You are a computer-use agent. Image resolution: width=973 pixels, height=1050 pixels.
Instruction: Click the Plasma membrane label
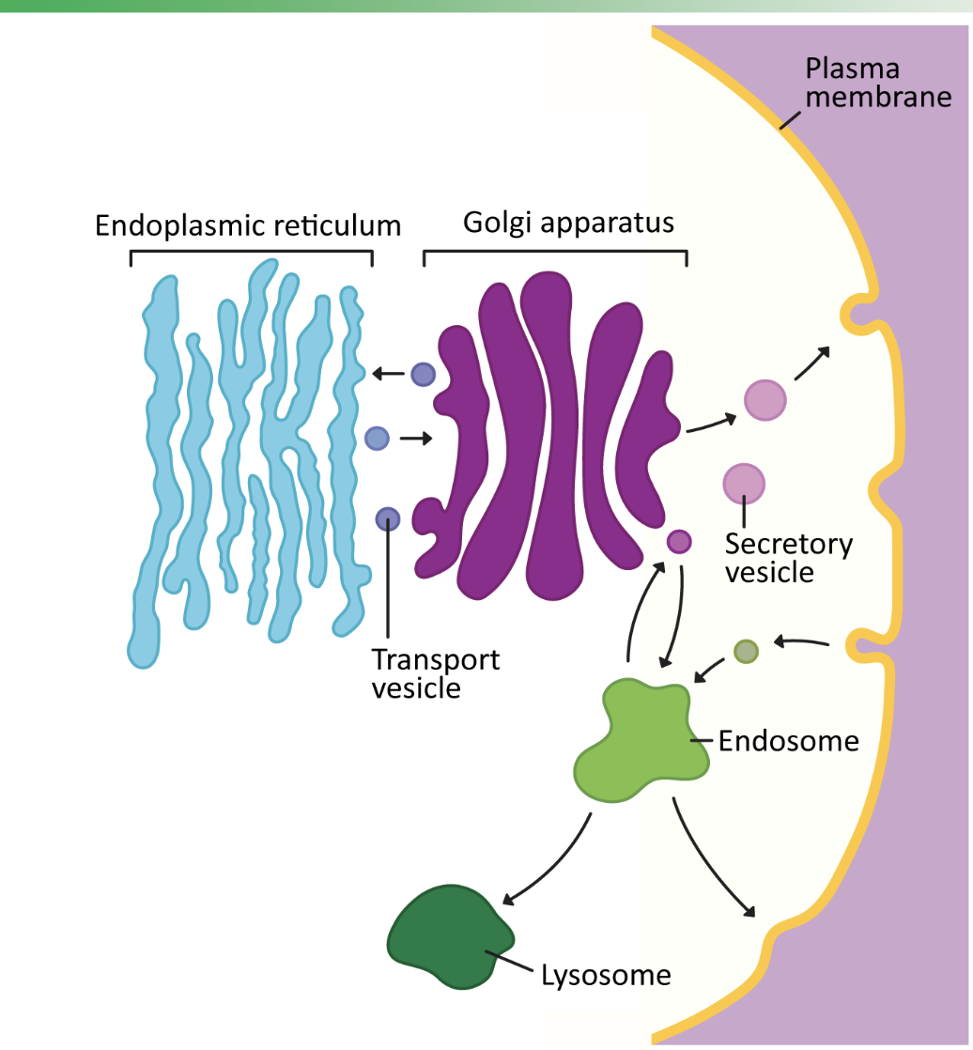click(878, 83)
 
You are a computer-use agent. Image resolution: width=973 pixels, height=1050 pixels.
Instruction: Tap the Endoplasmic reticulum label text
click(248, 225)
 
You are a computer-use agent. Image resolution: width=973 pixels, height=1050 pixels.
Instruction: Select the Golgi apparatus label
click(569, 223)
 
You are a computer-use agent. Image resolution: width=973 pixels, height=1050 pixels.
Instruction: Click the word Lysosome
click(606, 976)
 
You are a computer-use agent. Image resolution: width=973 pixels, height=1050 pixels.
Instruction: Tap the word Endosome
click(788, 741)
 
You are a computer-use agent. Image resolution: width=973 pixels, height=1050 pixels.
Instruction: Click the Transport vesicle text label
click(435, 673)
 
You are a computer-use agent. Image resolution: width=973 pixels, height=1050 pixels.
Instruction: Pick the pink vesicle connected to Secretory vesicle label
click(744, 484)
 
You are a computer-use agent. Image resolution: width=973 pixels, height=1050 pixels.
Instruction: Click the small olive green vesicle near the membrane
click(746, 651)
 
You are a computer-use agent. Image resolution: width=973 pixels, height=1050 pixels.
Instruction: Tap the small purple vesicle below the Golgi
click(679, 542)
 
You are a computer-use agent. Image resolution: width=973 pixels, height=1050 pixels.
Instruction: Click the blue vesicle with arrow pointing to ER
click(423, 374)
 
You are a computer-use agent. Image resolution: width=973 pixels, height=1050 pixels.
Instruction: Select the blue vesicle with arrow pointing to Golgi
click(376, 438)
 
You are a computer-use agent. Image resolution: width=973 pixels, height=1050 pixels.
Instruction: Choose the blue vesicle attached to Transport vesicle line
click(388, 518)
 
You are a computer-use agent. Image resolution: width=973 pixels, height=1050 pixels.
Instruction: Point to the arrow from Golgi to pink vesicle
click(711, 425)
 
